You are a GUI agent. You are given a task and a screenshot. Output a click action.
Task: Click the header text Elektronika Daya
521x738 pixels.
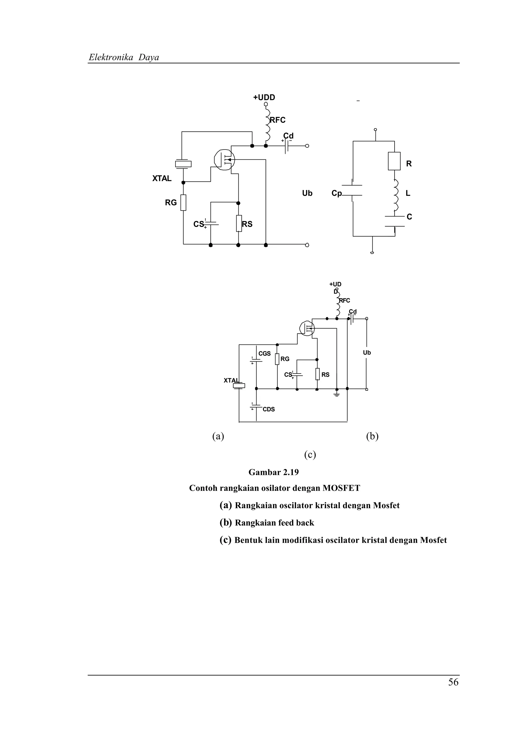click(x=124, y=58)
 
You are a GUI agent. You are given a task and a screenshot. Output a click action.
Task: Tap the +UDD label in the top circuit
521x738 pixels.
click(x=264, y=97)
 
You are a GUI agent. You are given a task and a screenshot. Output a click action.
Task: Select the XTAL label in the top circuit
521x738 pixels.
click(x=162, y=179)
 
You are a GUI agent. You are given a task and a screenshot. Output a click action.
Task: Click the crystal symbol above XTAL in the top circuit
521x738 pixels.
click(x=183, y=164)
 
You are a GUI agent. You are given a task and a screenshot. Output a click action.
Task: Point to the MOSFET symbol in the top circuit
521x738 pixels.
click(x=224, y=159)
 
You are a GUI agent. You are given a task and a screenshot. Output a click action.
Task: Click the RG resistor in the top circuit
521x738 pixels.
click(x=183, y=202)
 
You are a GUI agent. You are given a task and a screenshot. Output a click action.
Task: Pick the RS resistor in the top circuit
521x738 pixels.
click(x=239, y=223)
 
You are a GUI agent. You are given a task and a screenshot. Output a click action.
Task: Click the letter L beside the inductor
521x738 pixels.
click(x=408, y=193)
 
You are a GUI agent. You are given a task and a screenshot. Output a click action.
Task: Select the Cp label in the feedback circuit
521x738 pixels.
click(x=336, y=193)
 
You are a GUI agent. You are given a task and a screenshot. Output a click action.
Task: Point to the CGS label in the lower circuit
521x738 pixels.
click(x=265, y=353)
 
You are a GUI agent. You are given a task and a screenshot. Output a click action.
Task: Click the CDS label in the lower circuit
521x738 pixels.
click(x=269, y=409)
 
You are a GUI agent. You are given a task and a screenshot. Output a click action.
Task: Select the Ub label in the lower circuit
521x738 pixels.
click(x=367, y=353)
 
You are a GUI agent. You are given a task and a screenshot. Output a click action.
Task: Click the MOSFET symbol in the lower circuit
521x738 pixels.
click(x=307, y=328)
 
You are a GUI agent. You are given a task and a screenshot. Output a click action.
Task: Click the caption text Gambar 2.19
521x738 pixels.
click(x=273, y=472)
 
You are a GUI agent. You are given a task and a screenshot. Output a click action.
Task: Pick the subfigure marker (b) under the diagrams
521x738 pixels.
click(x=372, y=436)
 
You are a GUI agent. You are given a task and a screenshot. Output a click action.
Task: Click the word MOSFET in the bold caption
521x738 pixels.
click(x=341, y=488)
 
